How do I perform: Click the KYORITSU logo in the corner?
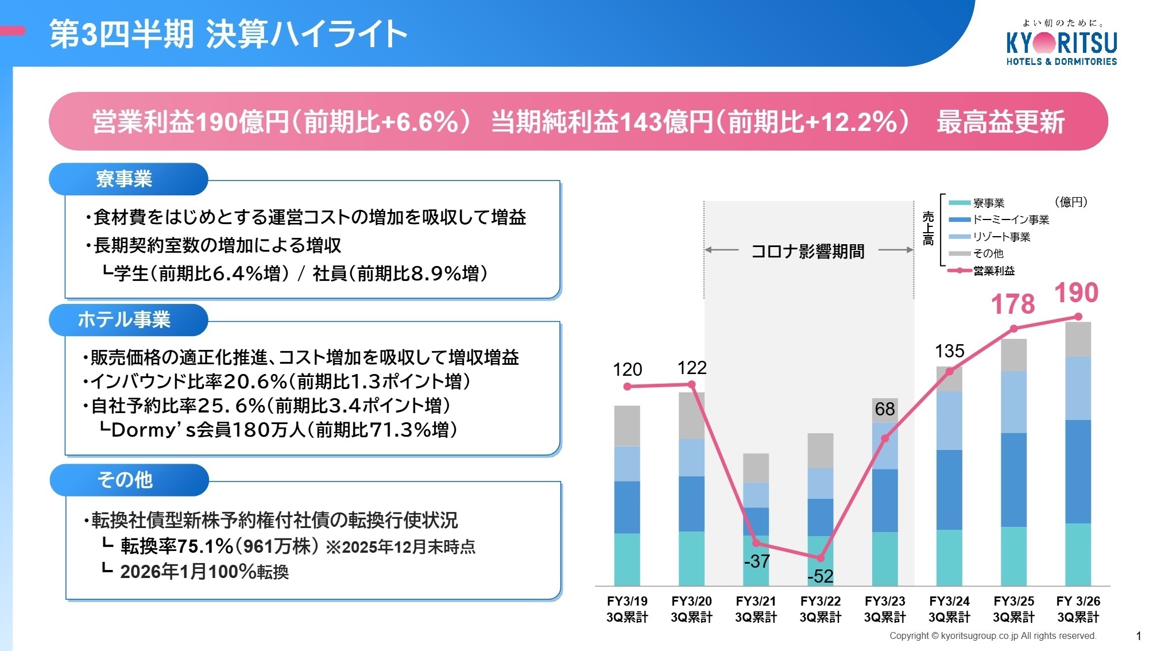click(1062, 44)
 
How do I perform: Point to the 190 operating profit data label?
click(1076, 292)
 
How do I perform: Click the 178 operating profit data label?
click(1013, 304)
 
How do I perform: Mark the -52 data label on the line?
click(821, 576)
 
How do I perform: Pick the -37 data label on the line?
click(756, 561)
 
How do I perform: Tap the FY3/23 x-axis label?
click(885, 608)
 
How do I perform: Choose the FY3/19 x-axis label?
click(627, 608)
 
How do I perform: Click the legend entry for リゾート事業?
click(1001, 237)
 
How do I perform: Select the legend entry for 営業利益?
click(993, 271)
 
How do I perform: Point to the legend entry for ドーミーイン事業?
click(1010, 219)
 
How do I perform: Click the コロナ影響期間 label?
click(808, 251)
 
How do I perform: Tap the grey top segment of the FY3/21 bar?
click(756, 467)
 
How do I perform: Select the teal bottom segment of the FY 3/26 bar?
click(1078, 554)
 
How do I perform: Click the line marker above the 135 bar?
click(949, 372)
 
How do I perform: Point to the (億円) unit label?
click(1071, 202)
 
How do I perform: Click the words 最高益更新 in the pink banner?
click(1000, 122)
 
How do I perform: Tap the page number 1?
click(1139, 635)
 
